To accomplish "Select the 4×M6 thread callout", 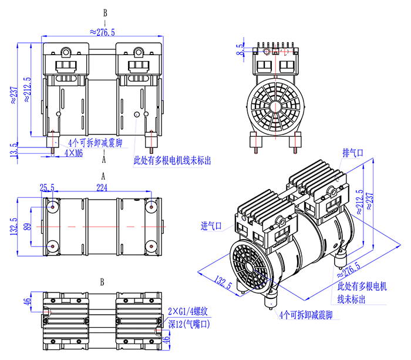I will [x=74, y=153].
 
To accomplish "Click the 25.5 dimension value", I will [x=47, y=187].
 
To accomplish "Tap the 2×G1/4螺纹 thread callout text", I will [x=189, y=311].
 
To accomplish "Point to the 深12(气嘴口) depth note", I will [x=188, y=324].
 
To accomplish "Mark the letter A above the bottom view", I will [x=103, y=176].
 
